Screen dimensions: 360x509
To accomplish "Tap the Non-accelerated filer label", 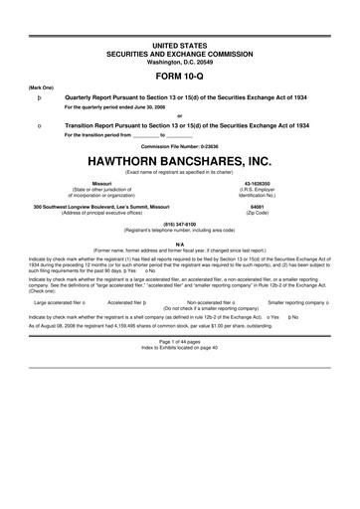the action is pyautogui.click(x=208, y=299).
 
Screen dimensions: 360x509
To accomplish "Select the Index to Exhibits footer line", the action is pyautogui.click(x=180, y=349).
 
